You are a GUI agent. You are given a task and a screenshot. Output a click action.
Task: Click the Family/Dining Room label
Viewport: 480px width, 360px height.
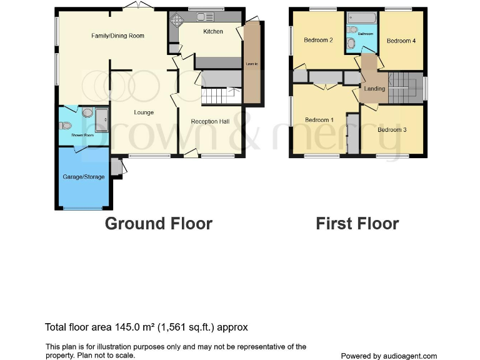117,36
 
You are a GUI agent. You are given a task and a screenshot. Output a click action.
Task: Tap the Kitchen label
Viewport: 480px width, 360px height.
212,31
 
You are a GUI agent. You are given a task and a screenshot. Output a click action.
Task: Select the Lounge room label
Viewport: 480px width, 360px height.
144,112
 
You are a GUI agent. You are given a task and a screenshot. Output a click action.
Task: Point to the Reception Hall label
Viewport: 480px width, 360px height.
210,121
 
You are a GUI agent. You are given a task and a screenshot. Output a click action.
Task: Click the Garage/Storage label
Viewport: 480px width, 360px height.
84,177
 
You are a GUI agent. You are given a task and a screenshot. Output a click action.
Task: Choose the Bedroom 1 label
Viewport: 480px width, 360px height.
319,119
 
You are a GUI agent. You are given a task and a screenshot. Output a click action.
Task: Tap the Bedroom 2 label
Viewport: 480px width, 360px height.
317,41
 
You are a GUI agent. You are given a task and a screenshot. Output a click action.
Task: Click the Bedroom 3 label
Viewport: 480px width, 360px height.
392,130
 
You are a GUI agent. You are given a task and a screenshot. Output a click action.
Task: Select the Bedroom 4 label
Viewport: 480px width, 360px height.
401,41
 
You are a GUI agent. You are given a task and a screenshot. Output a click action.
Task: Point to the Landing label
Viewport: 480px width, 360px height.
374,89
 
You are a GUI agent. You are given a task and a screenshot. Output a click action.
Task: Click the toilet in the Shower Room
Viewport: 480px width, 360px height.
63,125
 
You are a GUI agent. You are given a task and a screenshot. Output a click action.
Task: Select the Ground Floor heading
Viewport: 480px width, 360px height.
158,223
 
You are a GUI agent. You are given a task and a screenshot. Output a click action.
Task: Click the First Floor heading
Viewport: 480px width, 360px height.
357,223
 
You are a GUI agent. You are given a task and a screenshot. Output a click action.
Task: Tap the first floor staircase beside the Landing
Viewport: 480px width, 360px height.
403,86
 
